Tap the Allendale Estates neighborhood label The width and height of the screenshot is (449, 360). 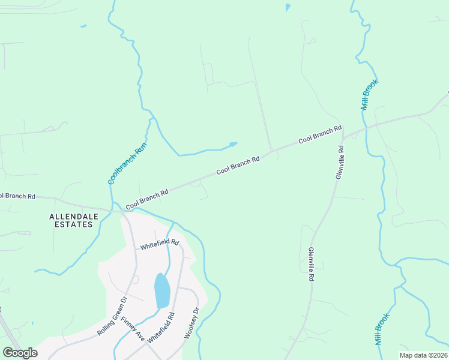point(71,220)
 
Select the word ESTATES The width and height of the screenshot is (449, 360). point(71,224)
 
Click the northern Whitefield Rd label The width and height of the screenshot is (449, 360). point(160,244)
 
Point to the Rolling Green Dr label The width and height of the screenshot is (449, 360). point(112,316)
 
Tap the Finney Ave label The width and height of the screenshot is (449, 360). point(133,329)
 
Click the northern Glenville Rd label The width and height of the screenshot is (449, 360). point(340,163)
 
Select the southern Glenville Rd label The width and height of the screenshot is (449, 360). point(311,265)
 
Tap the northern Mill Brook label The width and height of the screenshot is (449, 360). point(369,94)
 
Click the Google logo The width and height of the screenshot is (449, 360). point(20,353)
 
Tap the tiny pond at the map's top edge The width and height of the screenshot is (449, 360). point(288,8)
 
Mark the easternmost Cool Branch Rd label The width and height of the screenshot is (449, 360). point(320,133)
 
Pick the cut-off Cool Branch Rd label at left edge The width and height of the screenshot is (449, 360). point(17,196)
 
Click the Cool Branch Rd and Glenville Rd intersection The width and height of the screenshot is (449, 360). point(343,135)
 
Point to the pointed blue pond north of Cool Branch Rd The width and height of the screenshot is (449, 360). point(232,144)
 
